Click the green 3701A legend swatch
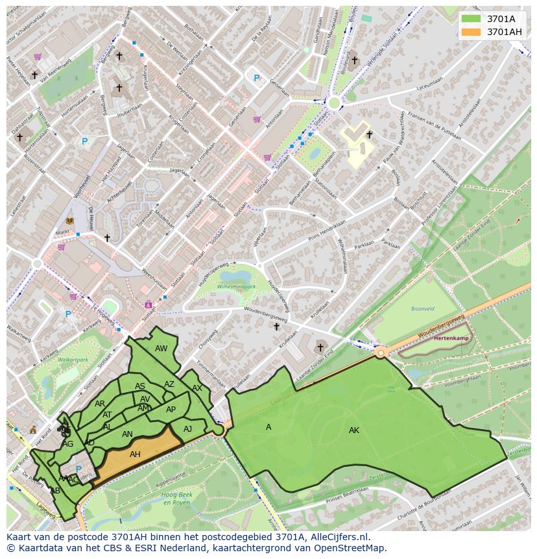(471, 19)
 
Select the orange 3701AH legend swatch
(471, 32)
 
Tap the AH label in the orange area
(135, 454)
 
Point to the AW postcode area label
(161, 349)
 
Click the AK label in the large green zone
(354, 430)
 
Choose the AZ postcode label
(169, 384)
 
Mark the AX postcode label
(197, 388)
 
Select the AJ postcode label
(188, 429)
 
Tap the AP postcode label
(171, 410)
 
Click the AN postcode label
(127, 434)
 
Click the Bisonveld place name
(422, 309)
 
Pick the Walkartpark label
(73, 358)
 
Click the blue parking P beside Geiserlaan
(256, 79)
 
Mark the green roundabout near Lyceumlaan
(334, 103)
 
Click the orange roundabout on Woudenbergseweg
(380, 352)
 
